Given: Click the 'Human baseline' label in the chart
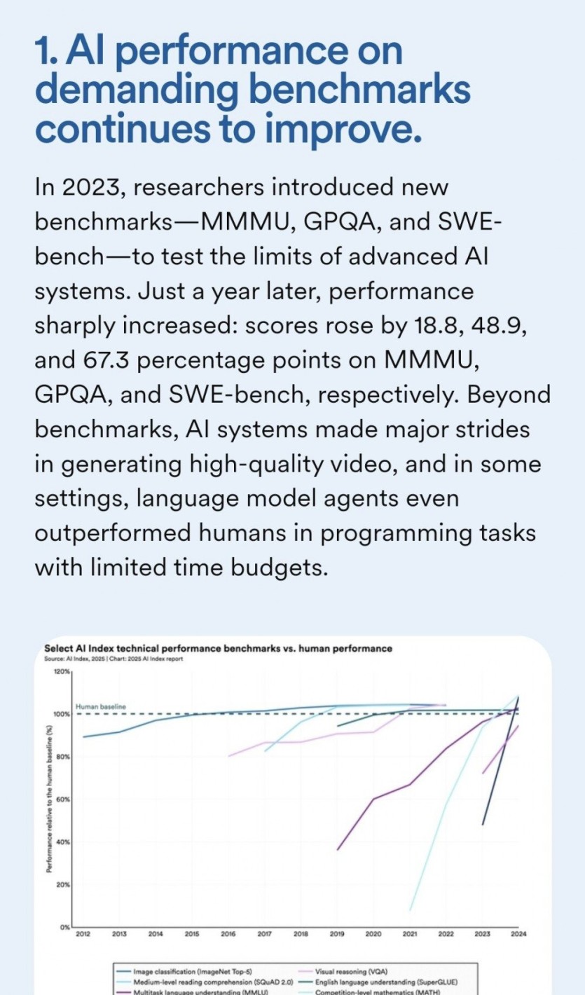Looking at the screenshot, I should tap(100, 706).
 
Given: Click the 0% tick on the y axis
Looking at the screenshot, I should tap(64, 927).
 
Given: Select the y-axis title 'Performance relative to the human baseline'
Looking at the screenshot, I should tap(49, 799).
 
